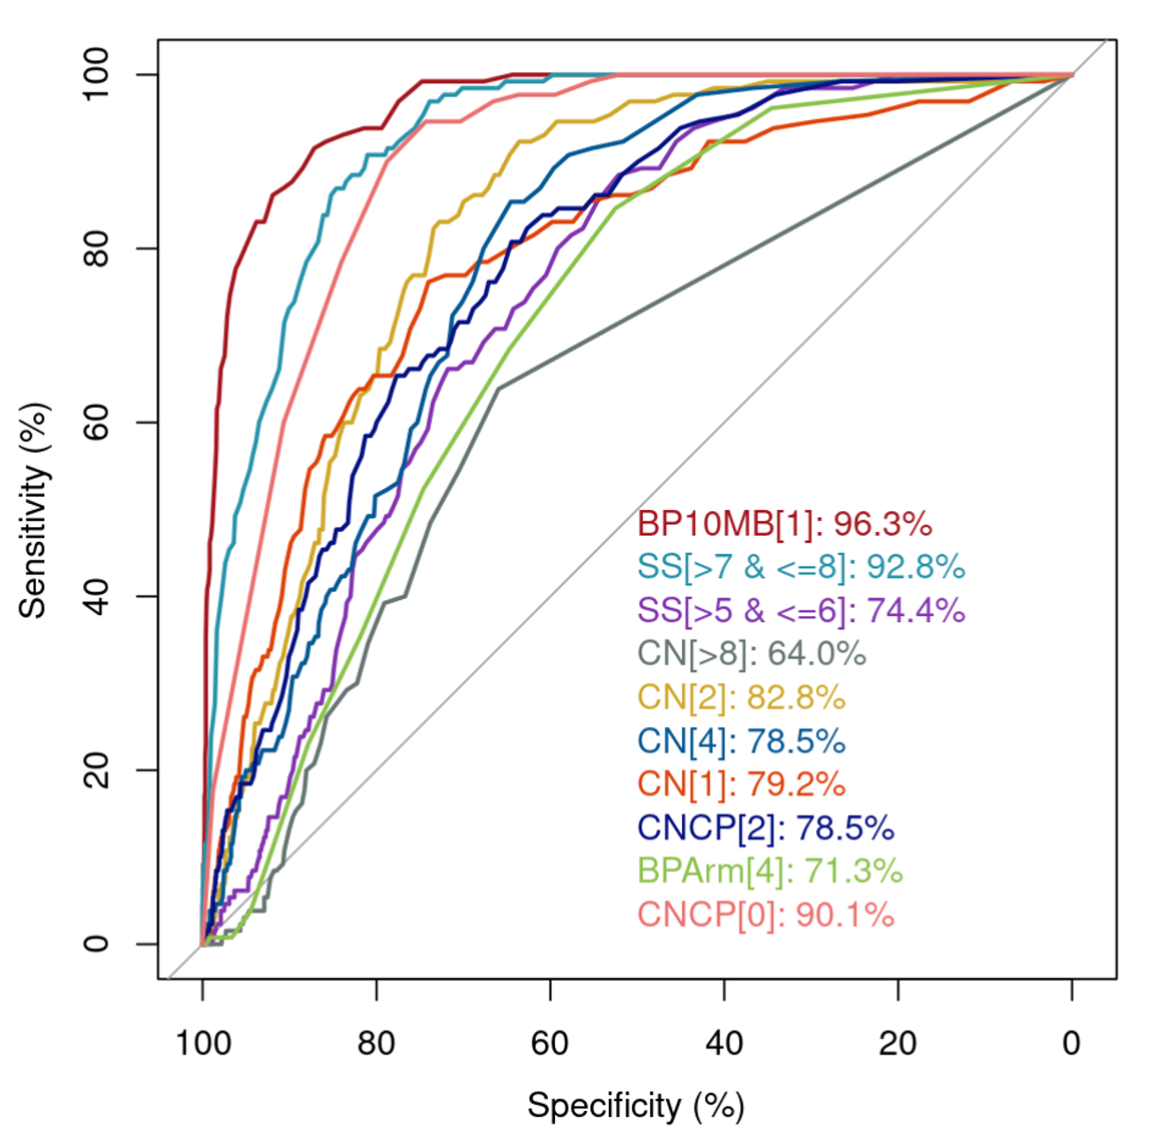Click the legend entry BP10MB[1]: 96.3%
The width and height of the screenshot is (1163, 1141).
[784, 523]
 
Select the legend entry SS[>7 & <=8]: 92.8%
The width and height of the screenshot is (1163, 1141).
[801, 567]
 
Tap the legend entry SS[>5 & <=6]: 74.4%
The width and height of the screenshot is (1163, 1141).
[801, 610]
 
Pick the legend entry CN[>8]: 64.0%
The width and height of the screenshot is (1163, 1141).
[752, 654]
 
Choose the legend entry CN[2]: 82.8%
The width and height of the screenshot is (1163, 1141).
[741, 697]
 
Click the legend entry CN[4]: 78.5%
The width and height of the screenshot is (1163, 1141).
[741, 741]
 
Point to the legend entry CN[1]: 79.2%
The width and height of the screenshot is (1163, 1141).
[741, 784]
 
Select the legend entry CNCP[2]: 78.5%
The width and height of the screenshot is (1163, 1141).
[766, 827]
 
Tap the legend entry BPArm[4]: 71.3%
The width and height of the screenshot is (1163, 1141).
[770, 871]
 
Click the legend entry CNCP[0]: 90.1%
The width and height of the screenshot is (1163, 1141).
[766, 915]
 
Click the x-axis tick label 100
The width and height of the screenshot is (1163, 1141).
[203, 1043]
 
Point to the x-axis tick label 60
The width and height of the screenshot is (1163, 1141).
[550, 1043]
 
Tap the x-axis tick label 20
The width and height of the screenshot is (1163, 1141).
[898, 1043]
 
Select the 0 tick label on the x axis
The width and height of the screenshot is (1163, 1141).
[1071, 1043]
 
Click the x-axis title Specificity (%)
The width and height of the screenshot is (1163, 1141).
[636, 1105]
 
